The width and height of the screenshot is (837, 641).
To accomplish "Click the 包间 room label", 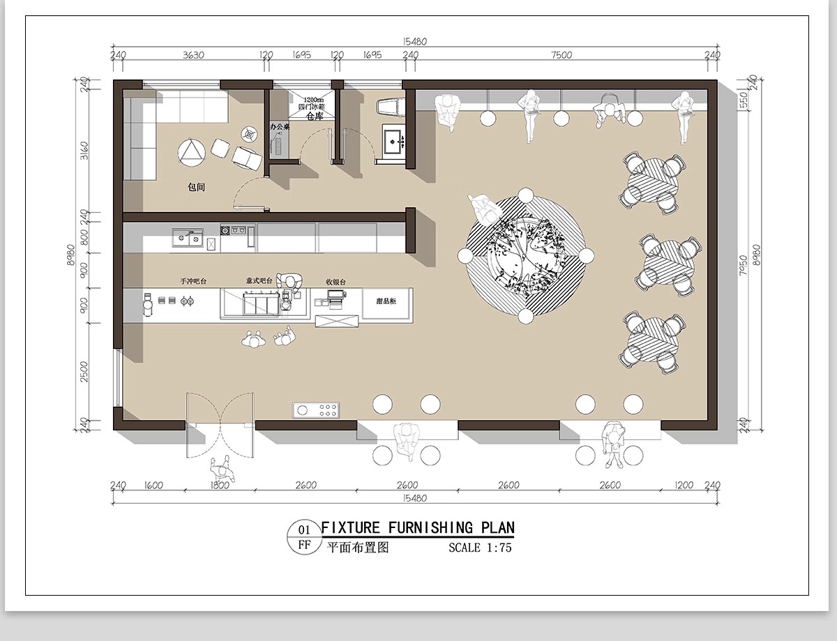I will tap(196, 188).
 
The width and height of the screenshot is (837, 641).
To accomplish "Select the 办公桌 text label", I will tap(280, 128).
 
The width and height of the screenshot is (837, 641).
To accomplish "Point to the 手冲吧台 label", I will tap(193, 281).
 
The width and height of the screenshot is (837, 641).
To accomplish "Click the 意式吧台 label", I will tap(259, 281).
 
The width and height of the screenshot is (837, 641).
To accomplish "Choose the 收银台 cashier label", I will tap(335, 282).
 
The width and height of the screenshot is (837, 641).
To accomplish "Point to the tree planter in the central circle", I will tap(525, 257).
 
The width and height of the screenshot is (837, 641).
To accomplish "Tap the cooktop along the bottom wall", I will tap(316, 409).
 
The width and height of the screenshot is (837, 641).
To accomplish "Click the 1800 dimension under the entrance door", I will tap(219, 485).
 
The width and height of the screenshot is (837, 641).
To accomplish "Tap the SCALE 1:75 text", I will tap(480, 548).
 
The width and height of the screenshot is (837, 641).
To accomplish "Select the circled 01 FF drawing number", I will tap(304, 537).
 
